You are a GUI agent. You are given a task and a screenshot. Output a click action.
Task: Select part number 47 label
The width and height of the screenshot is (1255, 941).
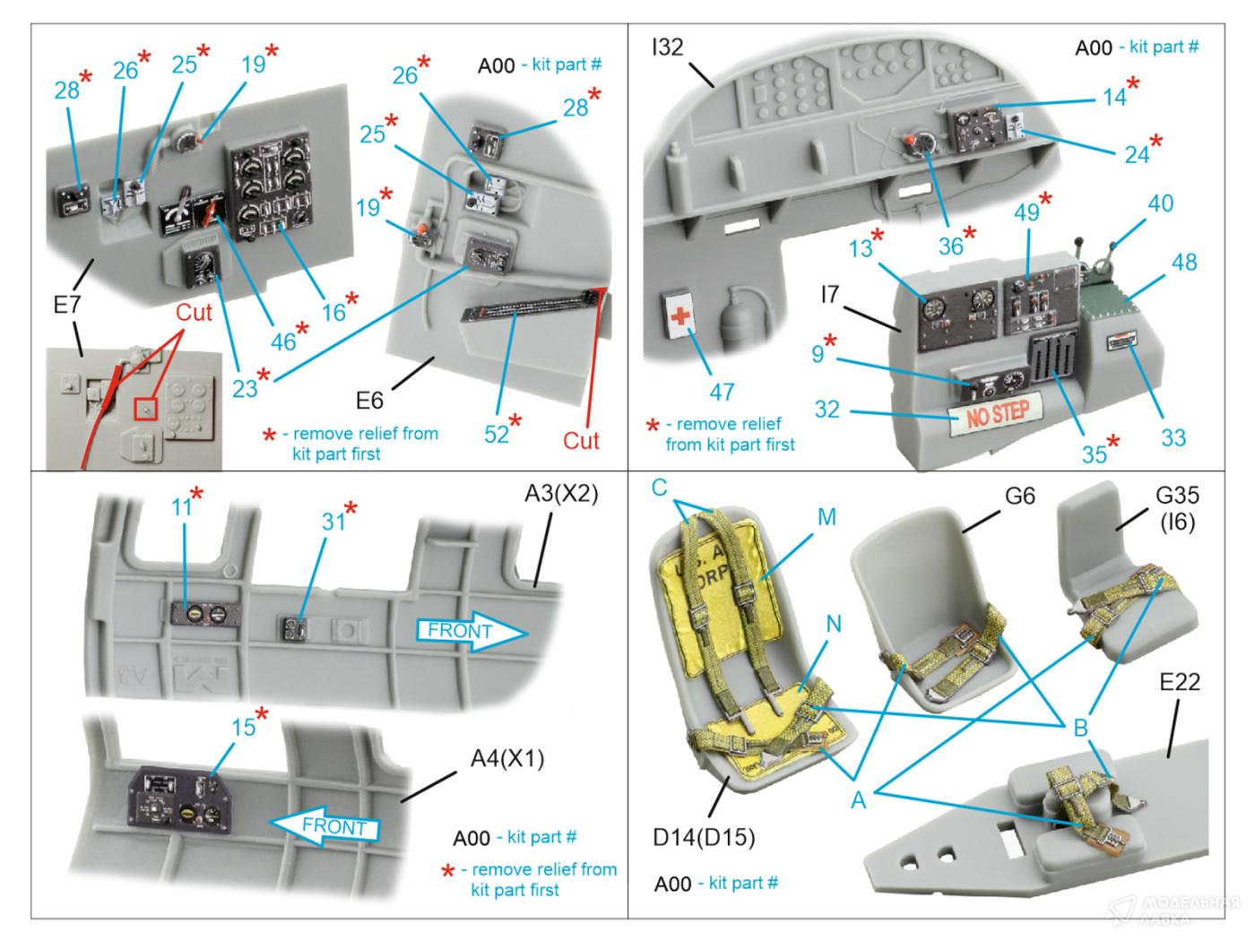point(722,392)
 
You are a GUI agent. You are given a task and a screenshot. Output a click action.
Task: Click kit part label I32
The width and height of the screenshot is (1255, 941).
point(667,47)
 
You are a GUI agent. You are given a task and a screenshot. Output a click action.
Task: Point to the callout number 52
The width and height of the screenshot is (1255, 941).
point(496,434)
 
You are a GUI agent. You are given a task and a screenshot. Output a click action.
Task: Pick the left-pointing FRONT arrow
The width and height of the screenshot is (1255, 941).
point(325,824)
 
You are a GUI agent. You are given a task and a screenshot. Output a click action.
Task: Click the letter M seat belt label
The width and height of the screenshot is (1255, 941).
point(826,516)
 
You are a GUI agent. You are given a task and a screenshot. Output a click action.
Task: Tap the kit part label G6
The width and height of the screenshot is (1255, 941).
point(1019,494)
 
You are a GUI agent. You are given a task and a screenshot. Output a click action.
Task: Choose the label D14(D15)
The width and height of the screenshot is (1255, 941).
point(704,838)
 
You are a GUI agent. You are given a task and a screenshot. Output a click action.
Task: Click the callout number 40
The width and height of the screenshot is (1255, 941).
point(1160,203)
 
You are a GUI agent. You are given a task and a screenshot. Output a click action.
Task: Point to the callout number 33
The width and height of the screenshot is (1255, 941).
point(1173,436)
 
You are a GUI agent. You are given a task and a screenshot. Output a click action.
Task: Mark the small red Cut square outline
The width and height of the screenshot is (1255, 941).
point(146,408)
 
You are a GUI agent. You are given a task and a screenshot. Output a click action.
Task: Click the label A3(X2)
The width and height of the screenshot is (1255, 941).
point(561,494)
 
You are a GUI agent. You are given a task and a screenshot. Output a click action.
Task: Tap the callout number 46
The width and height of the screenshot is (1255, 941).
point(283,341)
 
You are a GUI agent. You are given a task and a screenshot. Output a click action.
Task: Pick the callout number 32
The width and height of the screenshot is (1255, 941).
point(827,410)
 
